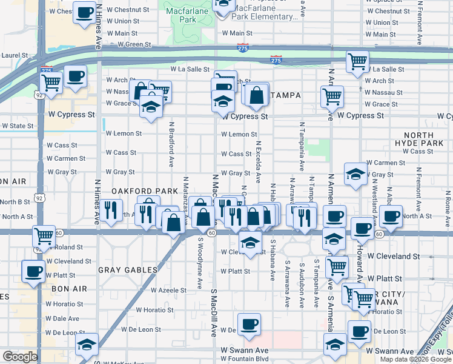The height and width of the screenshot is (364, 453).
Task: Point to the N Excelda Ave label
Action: [259, 161]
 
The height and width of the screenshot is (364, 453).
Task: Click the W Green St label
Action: [134, 44]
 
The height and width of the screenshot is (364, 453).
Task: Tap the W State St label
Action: [18, 126]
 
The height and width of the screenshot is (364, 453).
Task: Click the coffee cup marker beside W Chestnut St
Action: [84, 12]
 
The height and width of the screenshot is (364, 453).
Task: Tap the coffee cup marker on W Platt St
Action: [33, 271]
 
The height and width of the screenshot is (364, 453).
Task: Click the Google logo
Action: [20, 357]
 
